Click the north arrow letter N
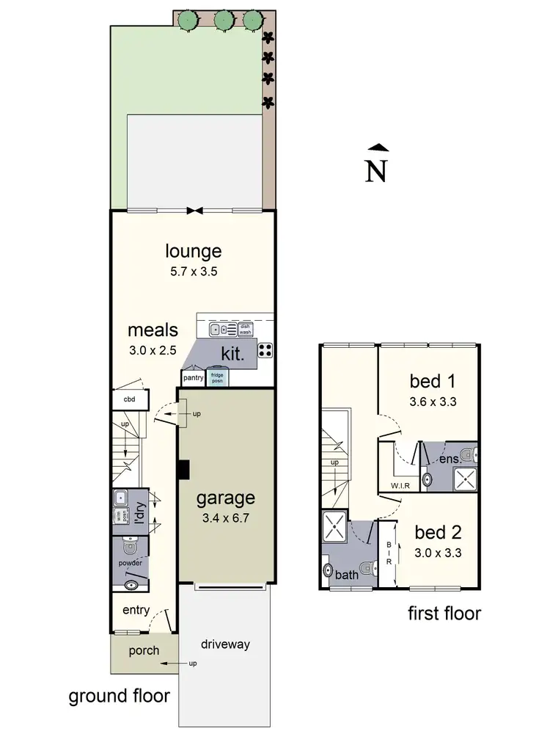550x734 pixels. [x=376, y=170]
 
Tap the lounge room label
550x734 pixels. [x=192, y=251]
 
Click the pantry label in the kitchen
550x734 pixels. [x=193, y=378]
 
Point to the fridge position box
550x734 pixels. [x=217, y=378]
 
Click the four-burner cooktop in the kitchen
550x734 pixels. [x=265, y=351]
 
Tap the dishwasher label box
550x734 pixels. [x=246, y=329]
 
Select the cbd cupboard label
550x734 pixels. [x=129, y=400]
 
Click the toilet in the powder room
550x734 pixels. [x=130, y=547]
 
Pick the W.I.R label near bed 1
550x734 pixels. [x=399, y=485]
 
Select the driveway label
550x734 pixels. [x=226, y=644]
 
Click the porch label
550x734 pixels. [x=144, y=650]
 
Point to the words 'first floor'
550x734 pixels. [x=444, y=613]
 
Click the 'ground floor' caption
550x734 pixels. [x=119, y=696]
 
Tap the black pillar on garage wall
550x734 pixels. [x=183, y=468]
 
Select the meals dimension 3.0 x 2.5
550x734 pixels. [x=153, y=350]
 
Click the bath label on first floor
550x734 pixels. [x=347, y=575]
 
